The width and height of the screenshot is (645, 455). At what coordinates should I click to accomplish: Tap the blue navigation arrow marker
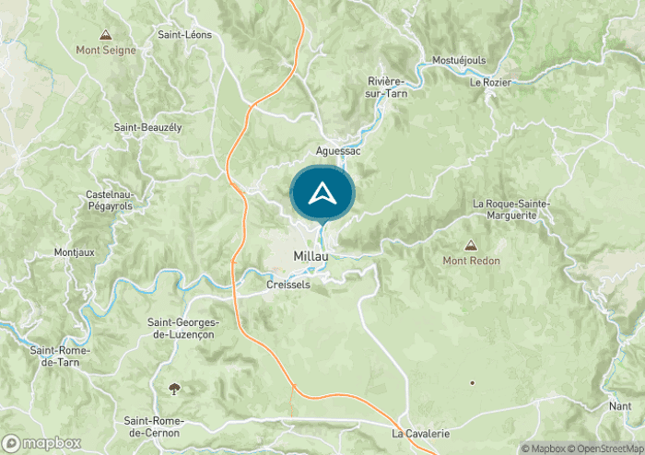pyautogui.click(x=322, y=194)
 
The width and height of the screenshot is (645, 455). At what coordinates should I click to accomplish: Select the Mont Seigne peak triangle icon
pyautogui.click(x=106, y=35)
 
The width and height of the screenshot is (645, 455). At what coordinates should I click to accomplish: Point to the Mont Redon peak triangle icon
pyautogui.click(x=471, y=246)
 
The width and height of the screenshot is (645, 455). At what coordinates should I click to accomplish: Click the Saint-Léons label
pyautogui.click(x=184, y=35)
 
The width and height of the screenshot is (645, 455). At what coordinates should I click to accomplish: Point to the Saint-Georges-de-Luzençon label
pyautogui.click(x=183, y=328)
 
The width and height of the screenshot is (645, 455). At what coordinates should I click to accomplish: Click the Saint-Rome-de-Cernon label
pyautogui.click(x=154, y=426)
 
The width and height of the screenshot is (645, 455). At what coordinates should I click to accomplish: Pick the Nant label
pyautogui.click(x=619, y=405)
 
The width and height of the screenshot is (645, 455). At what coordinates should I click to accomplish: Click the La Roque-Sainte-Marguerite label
pyautogui.click(x=511, y=209)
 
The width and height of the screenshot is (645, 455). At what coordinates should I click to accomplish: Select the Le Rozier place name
pyautogui.click(x=489, y=83)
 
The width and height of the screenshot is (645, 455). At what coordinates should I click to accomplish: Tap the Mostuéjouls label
pyautogui.click(x=458, y=61)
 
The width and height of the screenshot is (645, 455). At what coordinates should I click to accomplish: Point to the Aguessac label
pyautogui.click(x=337, y=150)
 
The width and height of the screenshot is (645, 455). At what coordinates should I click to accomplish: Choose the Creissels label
pyautogui.click(x=288, y=286)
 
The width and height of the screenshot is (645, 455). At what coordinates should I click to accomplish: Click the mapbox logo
pyautogui.click(x=41, y=443)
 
